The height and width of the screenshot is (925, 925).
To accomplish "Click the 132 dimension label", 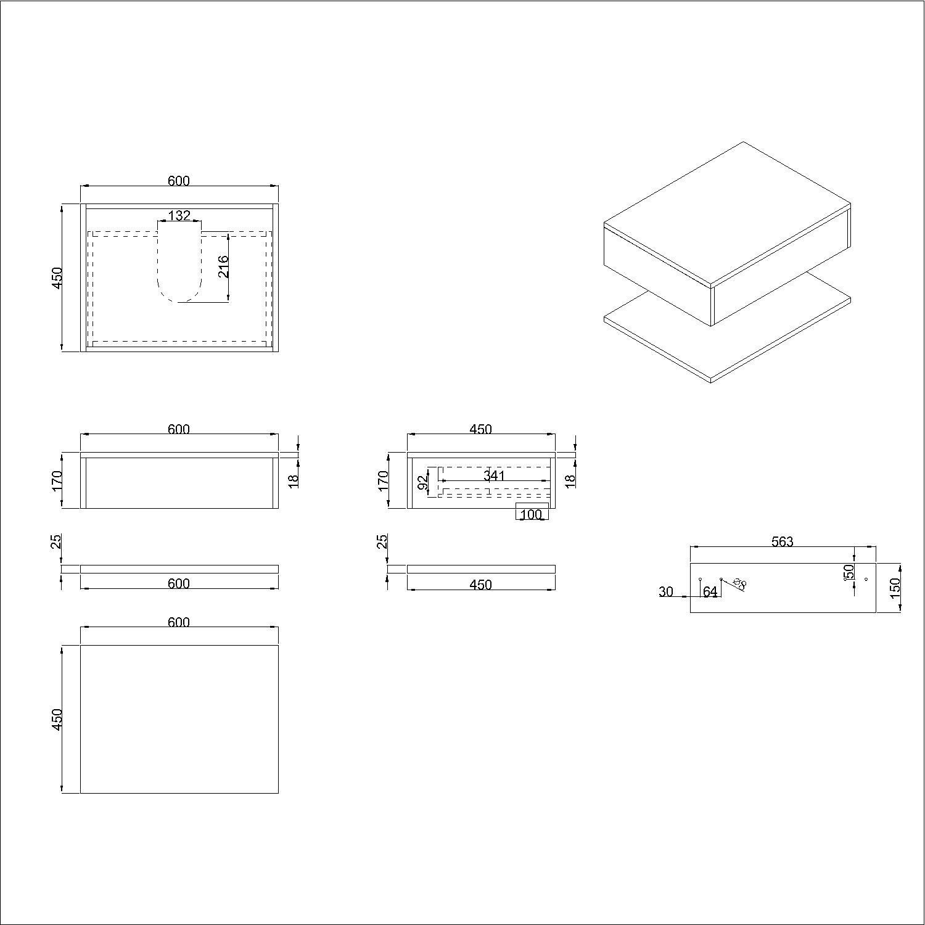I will pyautogui.click(x=179, y=216).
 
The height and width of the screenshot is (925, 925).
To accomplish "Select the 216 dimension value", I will pyautogui.click(x=223, y=266).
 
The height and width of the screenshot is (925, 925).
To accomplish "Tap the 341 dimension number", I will pyautogui.click(x=495, y=475).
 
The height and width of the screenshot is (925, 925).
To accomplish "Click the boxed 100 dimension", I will pyautogui.click(x=532, y=514).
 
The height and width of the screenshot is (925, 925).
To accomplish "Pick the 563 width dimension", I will pyautogui.click(x=783, y=541).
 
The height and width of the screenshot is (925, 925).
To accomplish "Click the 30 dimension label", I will pyautogui.click(x=666, y=592).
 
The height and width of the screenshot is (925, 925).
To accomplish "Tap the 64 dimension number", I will pyautogui.click(x=710, y=592).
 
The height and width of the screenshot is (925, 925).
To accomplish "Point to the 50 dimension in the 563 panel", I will pyautogui.click(x=850, y=572).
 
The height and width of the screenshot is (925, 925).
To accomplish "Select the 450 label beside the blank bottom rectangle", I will pyautogui.click(x=56, y=719).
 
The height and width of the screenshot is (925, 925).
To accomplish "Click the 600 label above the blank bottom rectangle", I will pyautogui.click(x=179, y=623).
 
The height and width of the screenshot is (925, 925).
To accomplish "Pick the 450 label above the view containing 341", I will pyautogui.click(x=480, y=429).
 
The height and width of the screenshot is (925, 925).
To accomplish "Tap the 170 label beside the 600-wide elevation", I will pyautogui.click(x=56, y=481).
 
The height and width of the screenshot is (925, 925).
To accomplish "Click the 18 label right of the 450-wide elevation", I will pyautogui.click(x=570, y=478).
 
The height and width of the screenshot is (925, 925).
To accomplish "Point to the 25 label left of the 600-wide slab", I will pyautogui.click(x=56, y=541).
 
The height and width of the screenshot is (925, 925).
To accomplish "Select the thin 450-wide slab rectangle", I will pyautogui.click(x=481, y=569).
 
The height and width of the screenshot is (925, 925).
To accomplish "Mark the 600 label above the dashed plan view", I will pyautogui.click(x=179, y=181).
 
